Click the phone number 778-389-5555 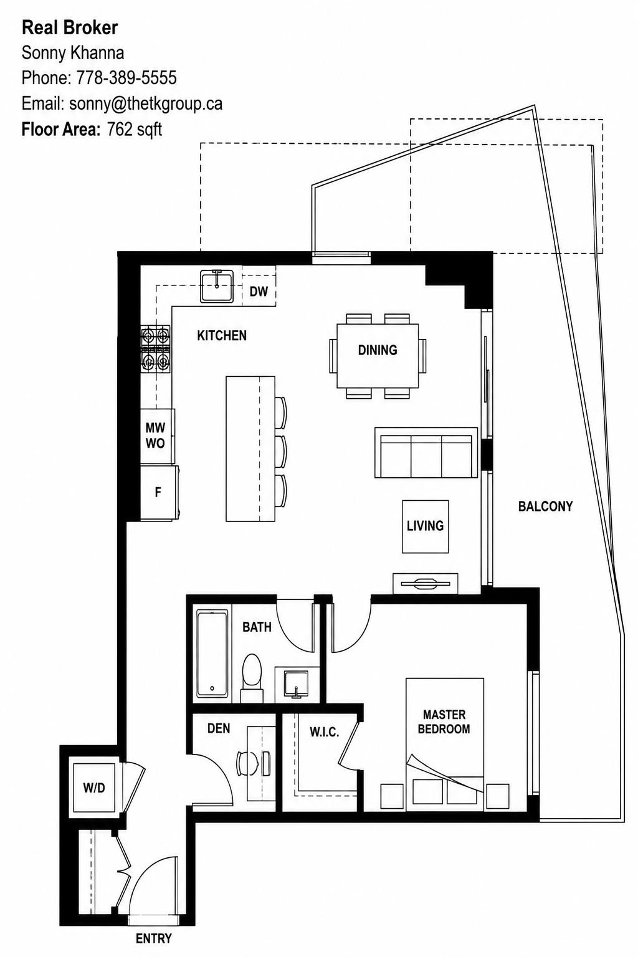pos(126,78)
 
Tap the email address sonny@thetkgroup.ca pos(146,104)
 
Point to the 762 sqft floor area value pos(134,129)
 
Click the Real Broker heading pos(70,28)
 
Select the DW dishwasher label pos(259,292)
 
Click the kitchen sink pos(217,286)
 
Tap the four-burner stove pos(156,349)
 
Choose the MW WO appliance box pos(157,436)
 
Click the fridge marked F pos(159,492)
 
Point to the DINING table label pos(378,350)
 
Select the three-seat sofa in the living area pos(426,452)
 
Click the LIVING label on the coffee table pos(425,526)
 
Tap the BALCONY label pos(545,507)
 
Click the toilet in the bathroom pos(252,678)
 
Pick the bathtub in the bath pos(212,654)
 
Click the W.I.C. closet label pos(325,732)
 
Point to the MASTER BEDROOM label pos(444,721)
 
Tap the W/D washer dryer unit pos(94,788)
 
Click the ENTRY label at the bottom pos(154,939)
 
